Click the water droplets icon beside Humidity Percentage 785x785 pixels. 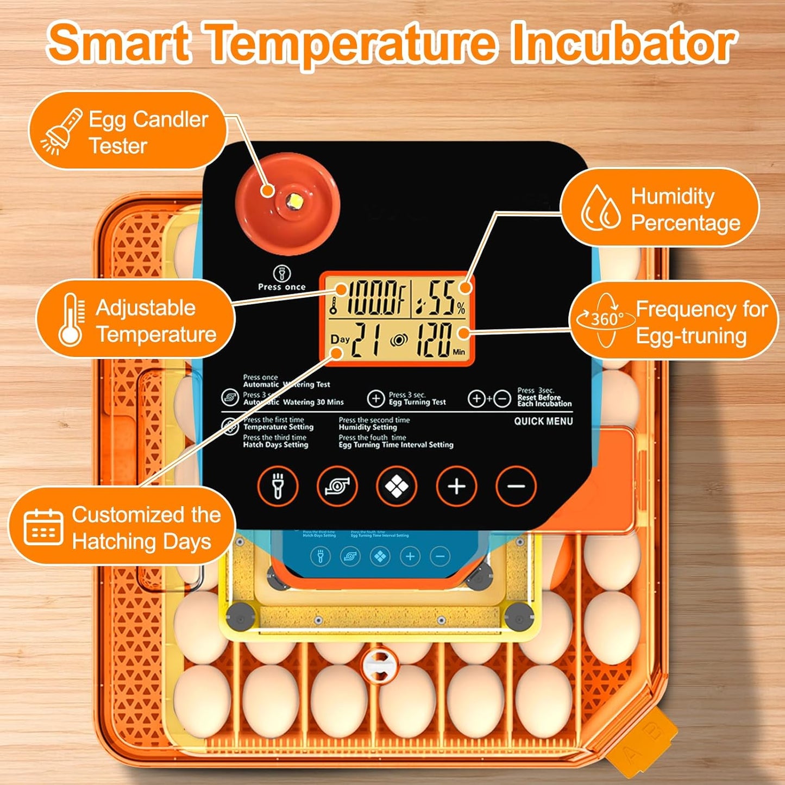click(601, 209)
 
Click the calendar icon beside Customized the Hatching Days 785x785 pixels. click(43, 527)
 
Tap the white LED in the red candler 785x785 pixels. click(296, 202)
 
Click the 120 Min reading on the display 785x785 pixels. click(435, 340)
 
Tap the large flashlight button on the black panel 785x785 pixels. click(277, 486)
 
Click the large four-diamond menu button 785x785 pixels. click(397, 486)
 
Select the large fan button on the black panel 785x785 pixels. click(337, 486)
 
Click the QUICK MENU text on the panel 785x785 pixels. click(543, 421)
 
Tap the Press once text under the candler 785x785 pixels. click(281, 287)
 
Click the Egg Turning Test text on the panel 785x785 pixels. click(417, 402)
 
